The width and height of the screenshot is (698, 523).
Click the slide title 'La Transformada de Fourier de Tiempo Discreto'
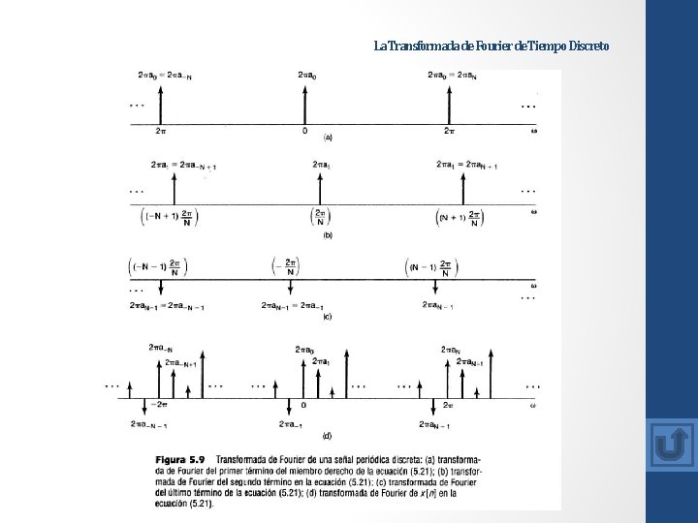pos(492,46)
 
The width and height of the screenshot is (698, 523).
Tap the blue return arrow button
pos(670,445)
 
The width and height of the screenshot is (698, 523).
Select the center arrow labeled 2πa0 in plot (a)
pos(305,101)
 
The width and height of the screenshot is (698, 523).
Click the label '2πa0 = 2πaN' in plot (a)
pos(452,75)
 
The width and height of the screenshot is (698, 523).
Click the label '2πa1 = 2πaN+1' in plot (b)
pos(466,165)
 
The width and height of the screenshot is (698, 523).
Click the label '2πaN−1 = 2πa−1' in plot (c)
pos(292,306)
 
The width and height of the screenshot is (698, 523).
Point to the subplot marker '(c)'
pos(327,316)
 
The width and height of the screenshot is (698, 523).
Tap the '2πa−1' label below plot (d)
pos(292,424)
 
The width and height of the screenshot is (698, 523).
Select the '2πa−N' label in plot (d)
pos(161,347)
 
